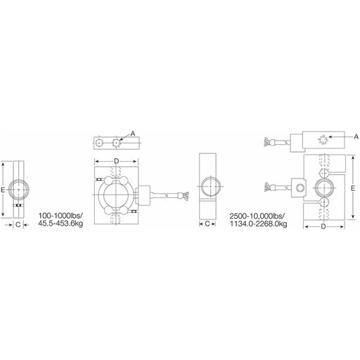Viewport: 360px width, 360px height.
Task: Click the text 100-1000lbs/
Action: pyautogui.click(x=60, y=215)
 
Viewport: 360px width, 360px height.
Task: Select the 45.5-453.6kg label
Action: pyautogui.click(x=60, y=224)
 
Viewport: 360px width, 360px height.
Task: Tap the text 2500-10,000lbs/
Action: pyautogui.click(x=257, y=216)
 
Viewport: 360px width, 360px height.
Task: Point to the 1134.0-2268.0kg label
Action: pyautogui.click(x=258, y=224)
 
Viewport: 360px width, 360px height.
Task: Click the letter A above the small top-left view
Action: pyautogui.click(x=133, y=134)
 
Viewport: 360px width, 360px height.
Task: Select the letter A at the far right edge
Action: pyautogui.click(x=356, y=136)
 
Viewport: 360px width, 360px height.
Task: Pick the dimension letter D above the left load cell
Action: pyautogui.click(x=116, y=161)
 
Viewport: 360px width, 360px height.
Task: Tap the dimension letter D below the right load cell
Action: pyautogui.click(x=323, y=226)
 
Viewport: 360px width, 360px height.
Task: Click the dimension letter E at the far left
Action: pyautogui.click(x=3, y=190)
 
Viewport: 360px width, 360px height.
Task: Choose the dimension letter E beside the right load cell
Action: pyautogui.click(x=353, y=188)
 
